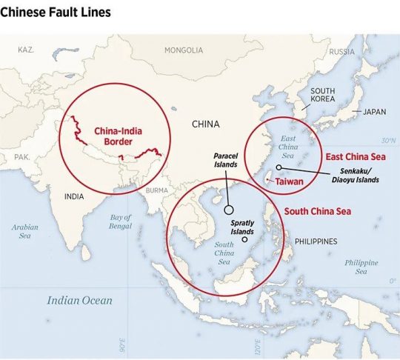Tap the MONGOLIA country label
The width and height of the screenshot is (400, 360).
click(x=184, y=50)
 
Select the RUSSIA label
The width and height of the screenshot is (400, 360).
click(x=341, y=52)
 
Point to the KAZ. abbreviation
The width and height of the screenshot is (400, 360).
click(x=26, y=49)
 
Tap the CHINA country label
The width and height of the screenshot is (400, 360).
click(x=205, y=124)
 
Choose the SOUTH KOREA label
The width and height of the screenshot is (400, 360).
click(x=322, y=95)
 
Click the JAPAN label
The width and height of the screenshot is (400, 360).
click(x=374, y=112)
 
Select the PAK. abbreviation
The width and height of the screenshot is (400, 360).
click(x=22, y=157)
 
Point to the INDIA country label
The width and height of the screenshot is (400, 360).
click(x=73, y=196)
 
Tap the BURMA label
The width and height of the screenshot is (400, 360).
click(x=157, y=190)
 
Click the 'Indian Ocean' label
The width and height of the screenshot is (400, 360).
click(x=80, y=300)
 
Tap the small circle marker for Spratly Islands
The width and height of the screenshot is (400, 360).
click(x=245, y=239)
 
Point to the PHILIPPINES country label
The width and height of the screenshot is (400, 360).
click(x=316, y=241)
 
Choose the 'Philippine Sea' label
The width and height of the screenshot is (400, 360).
click(x=361, y=267)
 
